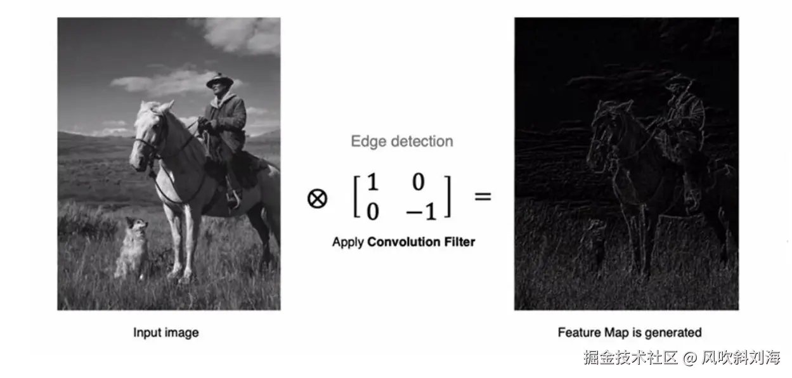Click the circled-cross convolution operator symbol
(317, 199)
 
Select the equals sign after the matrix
(483, 196)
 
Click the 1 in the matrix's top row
(373, 182)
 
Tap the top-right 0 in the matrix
(419, 182)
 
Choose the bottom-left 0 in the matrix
(373, 212)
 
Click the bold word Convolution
(403, 242)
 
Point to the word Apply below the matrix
(348, 242)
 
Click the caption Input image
(166, 333)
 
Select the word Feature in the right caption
(579, 332)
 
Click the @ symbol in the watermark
(689, 358)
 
